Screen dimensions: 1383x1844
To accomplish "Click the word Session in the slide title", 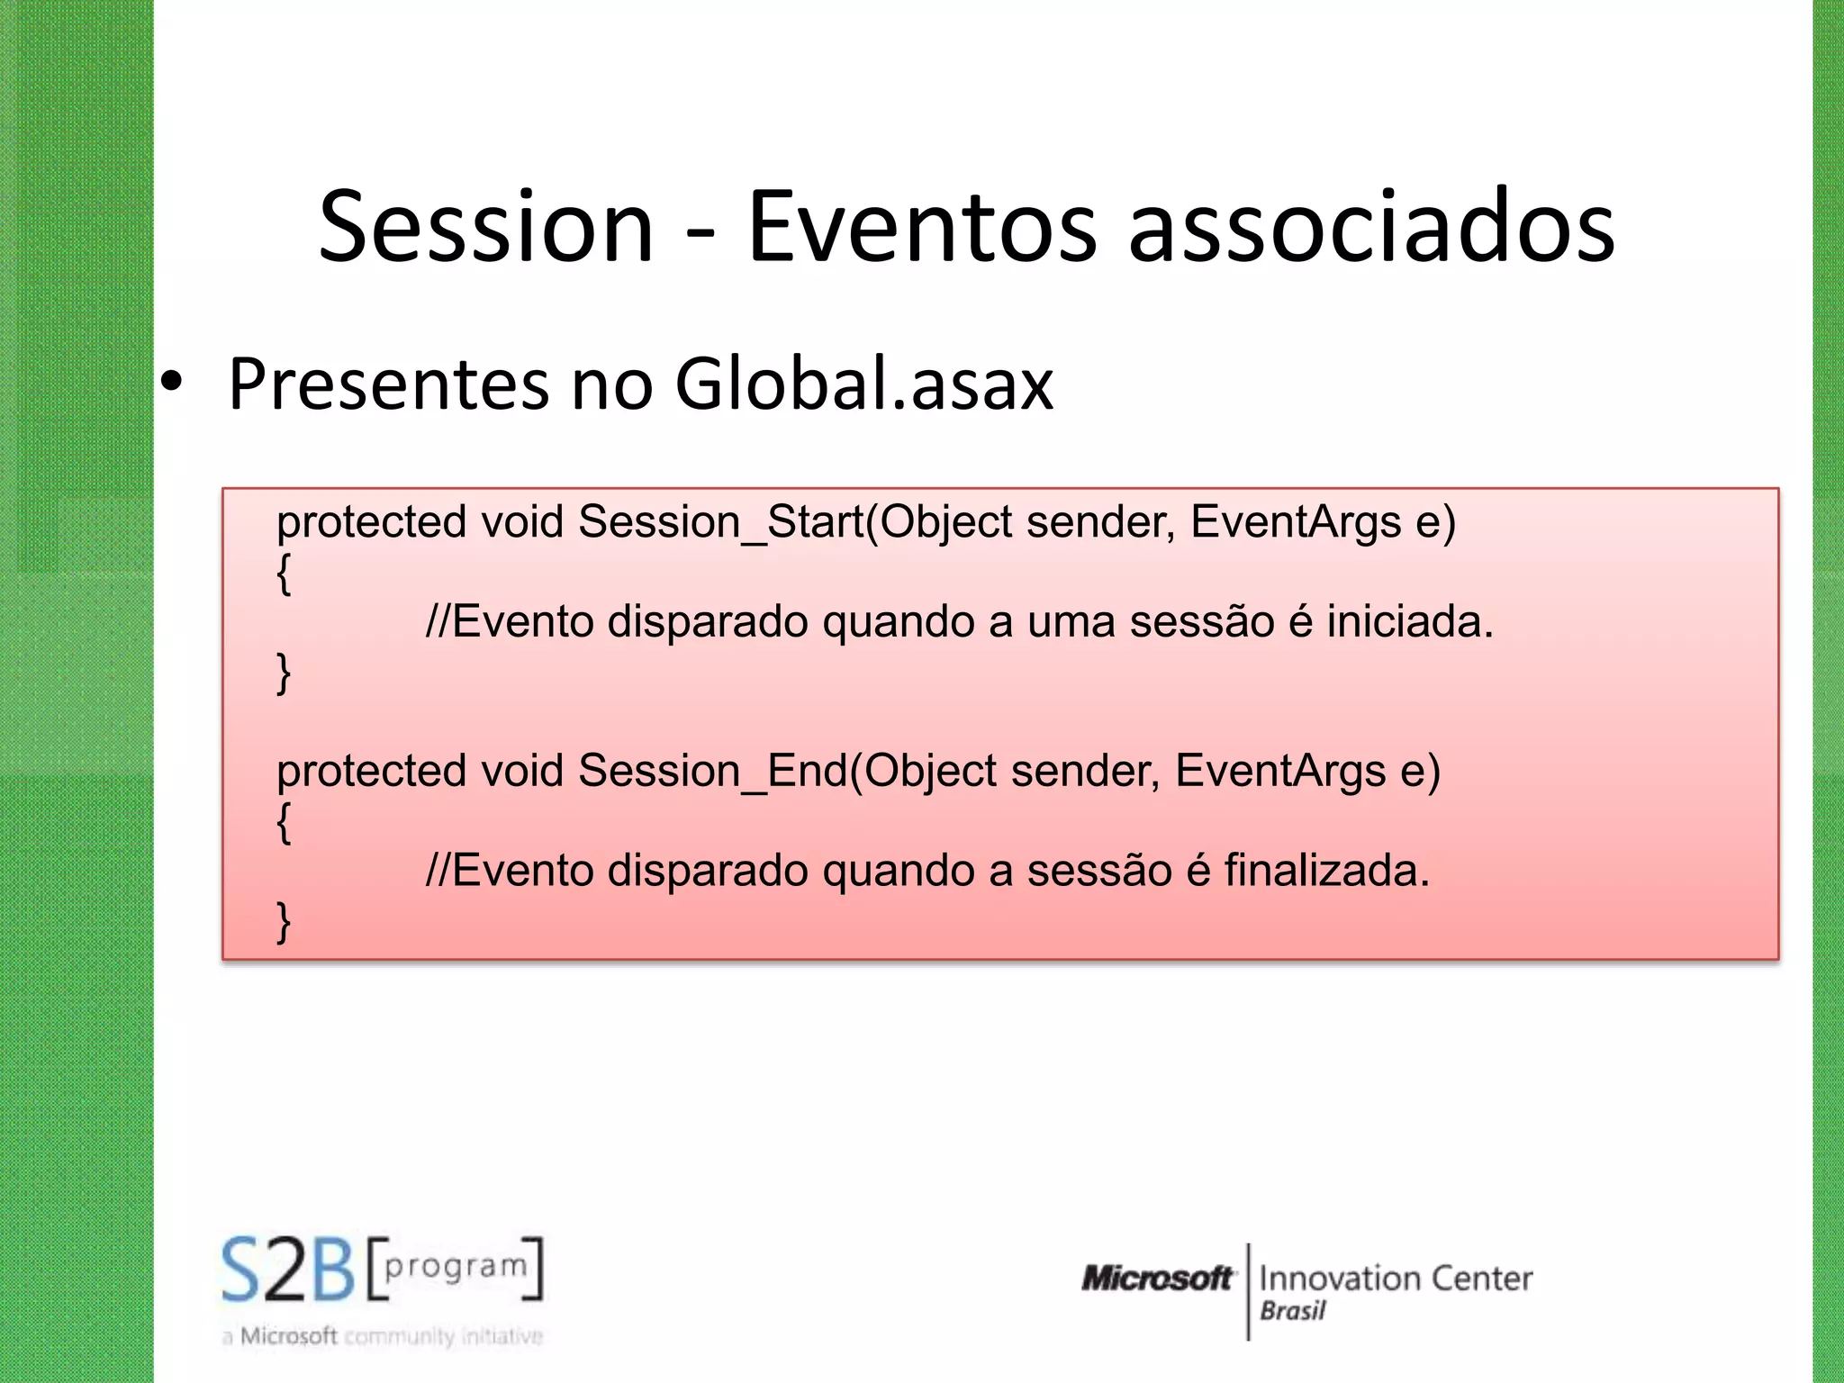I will pyautogui.click(x=485, y=227).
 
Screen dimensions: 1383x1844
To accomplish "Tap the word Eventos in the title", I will pyautogui.click(x=921, y=227).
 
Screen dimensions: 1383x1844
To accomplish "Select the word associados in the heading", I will pyautogui.click(x=1371, y=227).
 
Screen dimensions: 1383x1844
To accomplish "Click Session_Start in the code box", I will pyautogui.click(x=720, y=522).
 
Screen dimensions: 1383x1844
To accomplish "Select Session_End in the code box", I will pyautogui.click(x=713, y=772).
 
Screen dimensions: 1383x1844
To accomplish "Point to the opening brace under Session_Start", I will pyautogui.click(x=284, y=573).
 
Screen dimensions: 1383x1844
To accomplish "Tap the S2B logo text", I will pyautogui.click(x=288, y=1270).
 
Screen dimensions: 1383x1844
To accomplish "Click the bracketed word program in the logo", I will pyautogui.click(x=456, y=1267).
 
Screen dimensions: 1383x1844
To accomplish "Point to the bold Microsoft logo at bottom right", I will pyautogui.click(x=1157, y=1278).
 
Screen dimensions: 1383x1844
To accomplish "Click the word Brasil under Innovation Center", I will pyautogui.click(x=1293, y=1311).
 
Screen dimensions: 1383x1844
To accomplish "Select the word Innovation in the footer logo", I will pyautogui.click(x=1337, y=1278).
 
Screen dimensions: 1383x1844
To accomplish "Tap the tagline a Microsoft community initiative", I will pyautogui.click(x=383, y=1336).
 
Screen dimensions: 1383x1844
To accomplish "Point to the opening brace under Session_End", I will pyautogui.click(x=284, y=822).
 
